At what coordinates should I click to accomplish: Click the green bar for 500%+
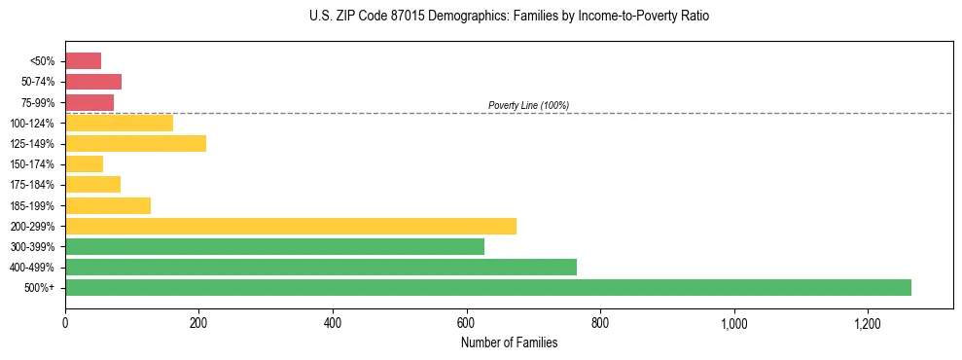click(x=487, y=287)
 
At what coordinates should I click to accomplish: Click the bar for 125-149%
click(x=135, y=144)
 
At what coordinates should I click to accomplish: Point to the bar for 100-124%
click(x=119, y=123)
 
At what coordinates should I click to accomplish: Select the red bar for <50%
click(x=83, y=61)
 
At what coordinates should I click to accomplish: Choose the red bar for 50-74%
click(x=92, y=82)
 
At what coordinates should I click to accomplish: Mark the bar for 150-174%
click(x=84, y=164)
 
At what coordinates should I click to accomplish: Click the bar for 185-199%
click(x=107, y=205)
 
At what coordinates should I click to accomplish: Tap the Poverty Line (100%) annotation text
click(x=528, y=105)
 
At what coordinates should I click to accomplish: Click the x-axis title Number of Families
click(x=509, y=342)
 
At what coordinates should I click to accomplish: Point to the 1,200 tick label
click(x=867, y=323)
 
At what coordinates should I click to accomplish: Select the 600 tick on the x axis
click(x=466, y=323)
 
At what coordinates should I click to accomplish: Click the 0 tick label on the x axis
click(x=65, y=323)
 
